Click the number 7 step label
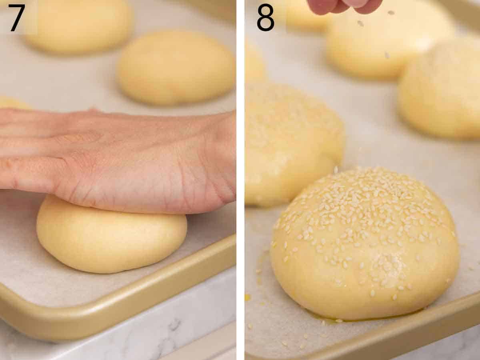(x=17, y=18)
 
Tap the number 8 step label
(x=265, y=18)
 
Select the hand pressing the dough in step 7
(x=120, y=160)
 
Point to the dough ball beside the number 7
(x=80, y=26)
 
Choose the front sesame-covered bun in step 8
(x=364, y=244)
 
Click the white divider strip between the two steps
(x=240, y=180)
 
